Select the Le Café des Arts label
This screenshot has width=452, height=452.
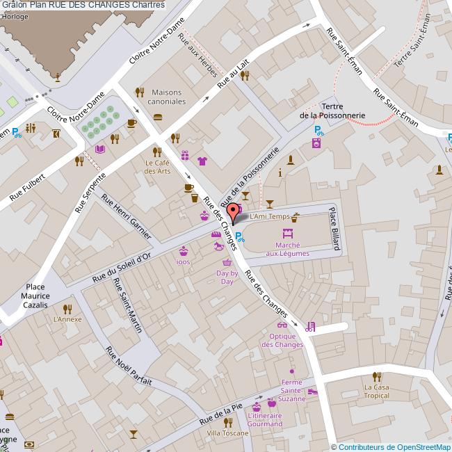tap(158, 167)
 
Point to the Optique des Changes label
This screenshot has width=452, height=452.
tap(282, 340)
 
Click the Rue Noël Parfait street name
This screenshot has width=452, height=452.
tap(129, 365)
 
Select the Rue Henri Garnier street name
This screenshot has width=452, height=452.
tap(126, 217)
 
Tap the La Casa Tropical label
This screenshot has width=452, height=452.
tap(376, 391)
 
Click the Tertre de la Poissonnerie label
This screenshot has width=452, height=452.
tap(332, 111)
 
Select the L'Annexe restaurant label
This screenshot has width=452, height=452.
tap(67, 320)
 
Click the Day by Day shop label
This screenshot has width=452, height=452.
tap(227, 277)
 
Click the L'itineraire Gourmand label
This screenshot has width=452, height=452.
tap(264, 420)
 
